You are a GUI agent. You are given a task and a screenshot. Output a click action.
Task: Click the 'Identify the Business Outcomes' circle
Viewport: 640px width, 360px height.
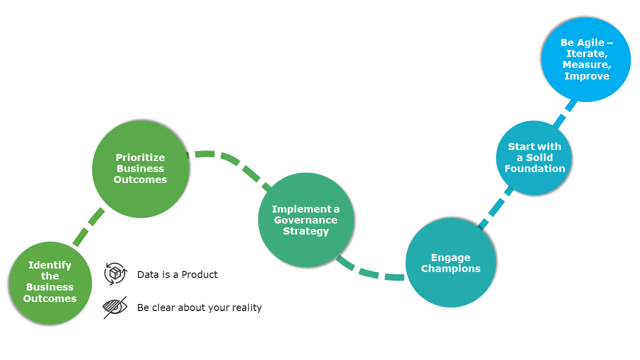50,283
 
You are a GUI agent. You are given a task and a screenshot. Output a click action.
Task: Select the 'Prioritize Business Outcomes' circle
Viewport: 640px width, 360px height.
140,169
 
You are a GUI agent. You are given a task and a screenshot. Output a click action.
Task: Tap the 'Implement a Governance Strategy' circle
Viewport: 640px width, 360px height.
306,220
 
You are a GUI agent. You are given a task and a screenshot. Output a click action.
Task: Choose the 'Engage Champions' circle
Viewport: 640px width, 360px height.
450,263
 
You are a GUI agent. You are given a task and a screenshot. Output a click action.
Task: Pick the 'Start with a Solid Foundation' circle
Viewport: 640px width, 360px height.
534,157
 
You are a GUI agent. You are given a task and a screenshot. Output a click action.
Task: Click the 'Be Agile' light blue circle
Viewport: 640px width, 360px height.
586,59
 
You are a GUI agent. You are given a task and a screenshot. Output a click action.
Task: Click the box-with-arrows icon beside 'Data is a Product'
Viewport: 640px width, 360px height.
115,273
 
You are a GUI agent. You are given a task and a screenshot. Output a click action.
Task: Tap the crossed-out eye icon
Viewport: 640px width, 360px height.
115,307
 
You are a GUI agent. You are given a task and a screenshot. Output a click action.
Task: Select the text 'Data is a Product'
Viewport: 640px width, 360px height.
177,274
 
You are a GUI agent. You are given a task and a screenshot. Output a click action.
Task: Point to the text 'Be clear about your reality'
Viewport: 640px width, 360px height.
199,307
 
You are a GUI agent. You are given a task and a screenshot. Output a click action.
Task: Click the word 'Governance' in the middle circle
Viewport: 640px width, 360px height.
306,220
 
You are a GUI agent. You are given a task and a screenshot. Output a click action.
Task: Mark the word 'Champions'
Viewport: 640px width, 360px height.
450,268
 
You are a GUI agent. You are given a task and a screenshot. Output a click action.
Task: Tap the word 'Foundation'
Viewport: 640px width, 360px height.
534,168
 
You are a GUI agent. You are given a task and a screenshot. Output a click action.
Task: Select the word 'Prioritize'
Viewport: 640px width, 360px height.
140,158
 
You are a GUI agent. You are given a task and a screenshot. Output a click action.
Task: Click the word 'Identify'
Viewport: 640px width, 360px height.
50,265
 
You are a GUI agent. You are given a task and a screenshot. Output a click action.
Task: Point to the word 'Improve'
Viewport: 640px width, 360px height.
587,76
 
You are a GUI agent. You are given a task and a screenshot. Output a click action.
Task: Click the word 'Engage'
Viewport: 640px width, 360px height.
450,257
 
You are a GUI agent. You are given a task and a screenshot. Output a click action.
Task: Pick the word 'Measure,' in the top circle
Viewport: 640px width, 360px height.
587,65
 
